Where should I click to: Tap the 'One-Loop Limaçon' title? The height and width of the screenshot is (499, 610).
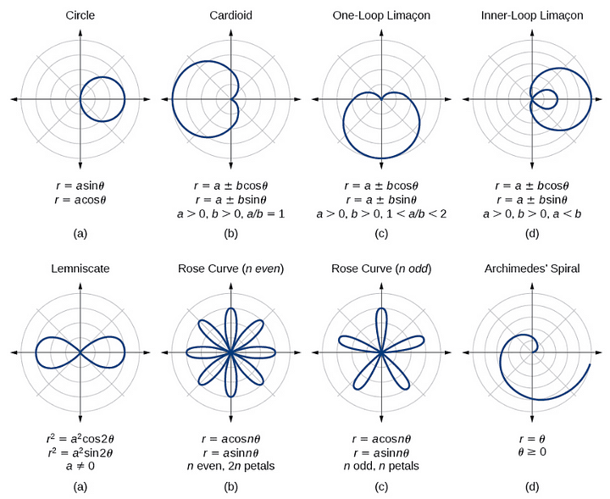pyautogui.click(x=381, y=15)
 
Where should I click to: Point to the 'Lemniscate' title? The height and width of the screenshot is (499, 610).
pyautogui.click(x=80, y=269)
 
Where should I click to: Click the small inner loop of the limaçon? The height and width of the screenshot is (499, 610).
pyautogui.click(x=546, y=98)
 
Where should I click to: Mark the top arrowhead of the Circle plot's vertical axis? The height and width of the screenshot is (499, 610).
pyautogui.click(x=80, y=32)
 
